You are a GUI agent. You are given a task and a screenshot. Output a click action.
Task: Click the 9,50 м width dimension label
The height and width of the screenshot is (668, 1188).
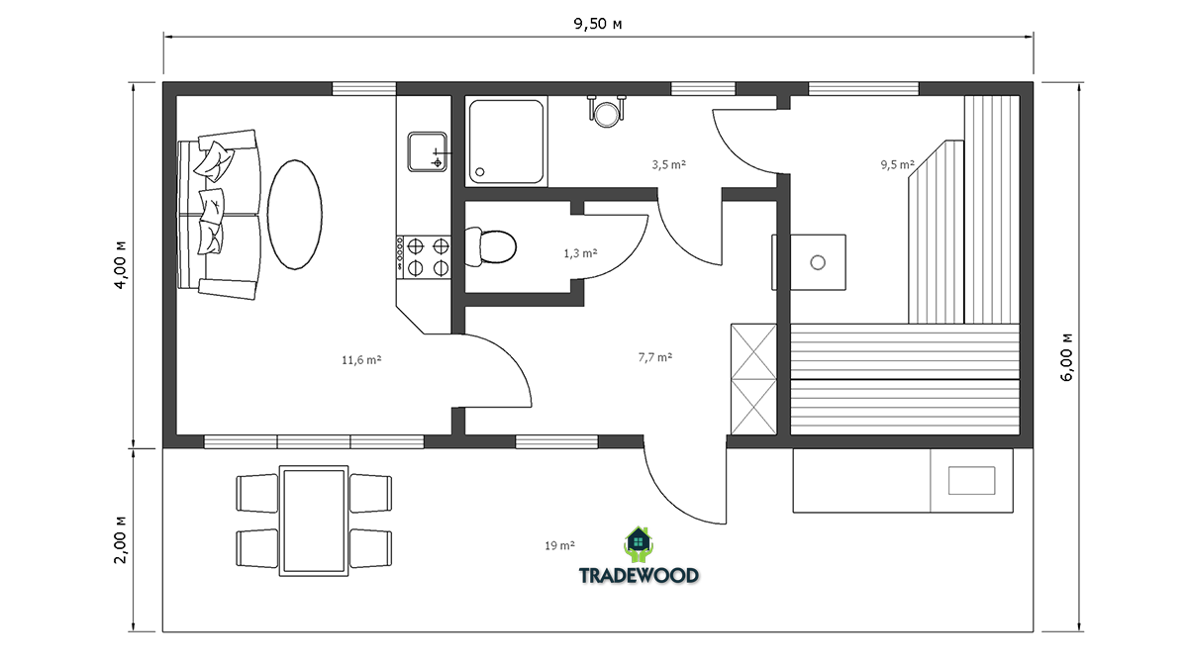[598, 24]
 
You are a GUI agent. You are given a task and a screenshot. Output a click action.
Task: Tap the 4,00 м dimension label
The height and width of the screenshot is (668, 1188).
[121, 264]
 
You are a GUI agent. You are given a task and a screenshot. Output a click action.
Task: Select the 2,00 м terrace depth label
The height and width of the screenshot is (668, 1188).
[121, 539]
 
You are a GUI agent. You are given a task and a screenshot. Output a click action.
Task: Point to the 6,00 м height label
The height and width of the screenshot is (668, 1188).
[1066, 357]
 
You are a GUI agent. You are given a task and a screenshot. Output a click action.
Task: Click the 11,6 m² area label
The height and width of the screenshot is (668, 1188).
[361, 360]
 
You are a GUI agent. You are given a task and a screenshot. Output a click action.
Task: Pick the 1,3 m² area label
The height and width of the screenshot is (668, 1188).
[581, 253]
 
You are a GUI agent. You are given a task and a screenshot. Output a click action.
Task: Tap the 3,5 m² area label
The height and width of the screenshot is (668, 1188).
[669, 164]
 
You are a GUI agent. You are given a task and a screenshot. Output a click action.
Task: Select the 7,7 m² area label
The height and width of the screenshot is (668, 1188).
[655, 357]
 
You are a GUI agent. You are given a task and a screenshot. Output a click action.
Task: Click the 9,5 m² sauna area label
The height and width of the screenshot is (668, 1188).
[898, 164]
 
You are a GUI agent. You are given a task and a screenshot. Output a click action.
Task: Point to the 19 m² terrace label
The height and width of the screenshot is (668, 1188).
[560, 545]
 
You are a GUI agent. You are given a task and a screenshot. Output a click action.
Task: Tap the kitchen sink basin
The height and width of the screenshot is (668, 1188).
[427, 152]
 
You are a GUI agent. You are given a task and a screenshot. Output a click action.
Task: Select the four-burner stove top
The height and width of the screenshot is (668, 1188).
[424, 257]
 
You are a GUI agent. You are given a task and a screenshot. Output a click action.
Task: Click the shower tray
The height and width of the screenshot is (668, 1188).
[506, 142]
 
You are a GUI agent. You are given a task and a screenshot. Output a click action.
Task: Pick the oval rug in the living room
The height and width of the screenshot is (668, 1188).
[294, 215]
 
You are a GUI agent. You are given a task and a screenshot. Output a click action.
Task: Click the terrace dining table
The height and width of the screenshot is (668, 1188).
[314, 522]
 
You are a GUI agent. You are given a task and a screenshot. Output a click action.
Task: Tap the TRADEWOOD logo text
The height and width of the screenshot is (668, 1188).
[639, 575]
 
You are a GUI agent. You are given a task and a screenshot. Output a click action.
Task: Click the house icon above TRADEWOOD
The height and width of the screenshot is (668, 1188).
[639, 544]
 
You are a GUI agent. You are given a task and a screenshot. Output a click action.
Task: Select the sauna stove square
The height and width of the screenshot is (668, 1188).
[818, 262]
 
